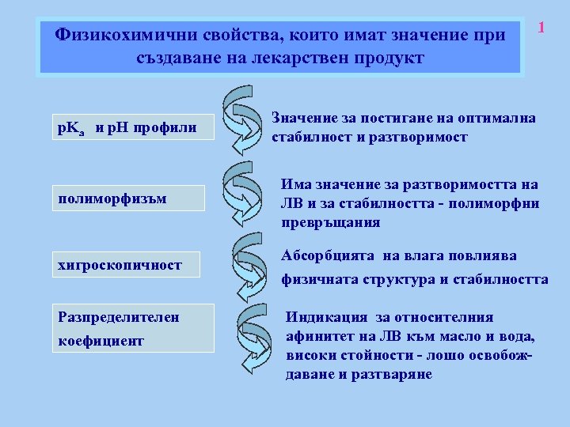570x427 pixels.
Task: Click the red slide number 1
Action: pos(542,28)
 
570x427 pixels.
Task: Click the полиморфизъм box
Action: pos(127,198)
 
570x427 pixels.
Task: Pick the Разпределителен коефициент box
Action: pos(132,328)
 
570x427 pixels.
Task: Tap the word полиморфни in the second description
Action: pos(500,203)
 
